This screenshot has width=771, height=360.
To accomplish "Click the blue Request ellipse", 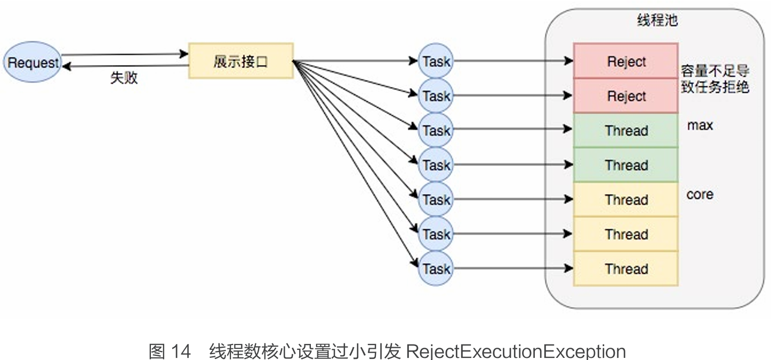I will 32,62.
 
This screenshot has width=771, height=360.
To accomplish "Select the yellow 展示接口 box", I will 240,61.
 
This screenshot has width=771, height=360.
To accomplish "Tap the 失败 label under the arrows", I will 124,78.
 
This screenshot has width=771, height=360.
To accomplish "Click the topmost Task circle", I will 436,61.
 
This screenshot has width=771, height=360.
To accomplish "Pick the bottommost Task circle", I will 436,269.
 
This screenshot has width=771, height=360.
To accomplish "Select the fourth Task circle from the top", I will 436,165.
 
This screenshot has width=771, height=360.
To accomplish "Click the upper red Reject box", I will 625,61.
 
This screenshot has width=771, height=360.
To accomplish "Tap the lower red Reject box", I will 625,96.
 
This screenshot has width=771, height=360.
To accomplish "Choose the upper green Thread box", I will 625,131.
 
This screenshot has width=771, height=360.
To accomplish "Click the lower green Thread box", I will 625,165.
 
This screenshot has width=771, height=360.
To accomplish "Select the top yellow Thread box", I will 625,200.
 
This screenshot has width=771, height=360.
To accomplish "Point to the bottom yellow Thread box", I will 625,269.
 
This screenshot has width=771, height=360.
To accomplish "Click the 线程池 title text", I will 657,21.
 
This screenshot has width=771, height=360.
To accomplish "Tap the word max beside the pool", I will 700,126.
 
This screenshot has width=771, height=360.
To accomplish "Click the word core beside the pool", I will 700,195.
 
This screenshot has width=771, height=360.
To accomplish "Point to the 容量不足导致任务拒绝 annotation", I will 715,79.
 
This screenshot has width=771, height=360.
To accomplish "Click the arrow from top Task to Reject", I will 512,61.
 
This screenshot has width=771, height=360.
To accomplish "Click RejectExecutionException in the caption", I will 516,351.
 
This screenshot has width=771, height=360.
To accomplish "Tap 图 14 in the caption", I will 170,351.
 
